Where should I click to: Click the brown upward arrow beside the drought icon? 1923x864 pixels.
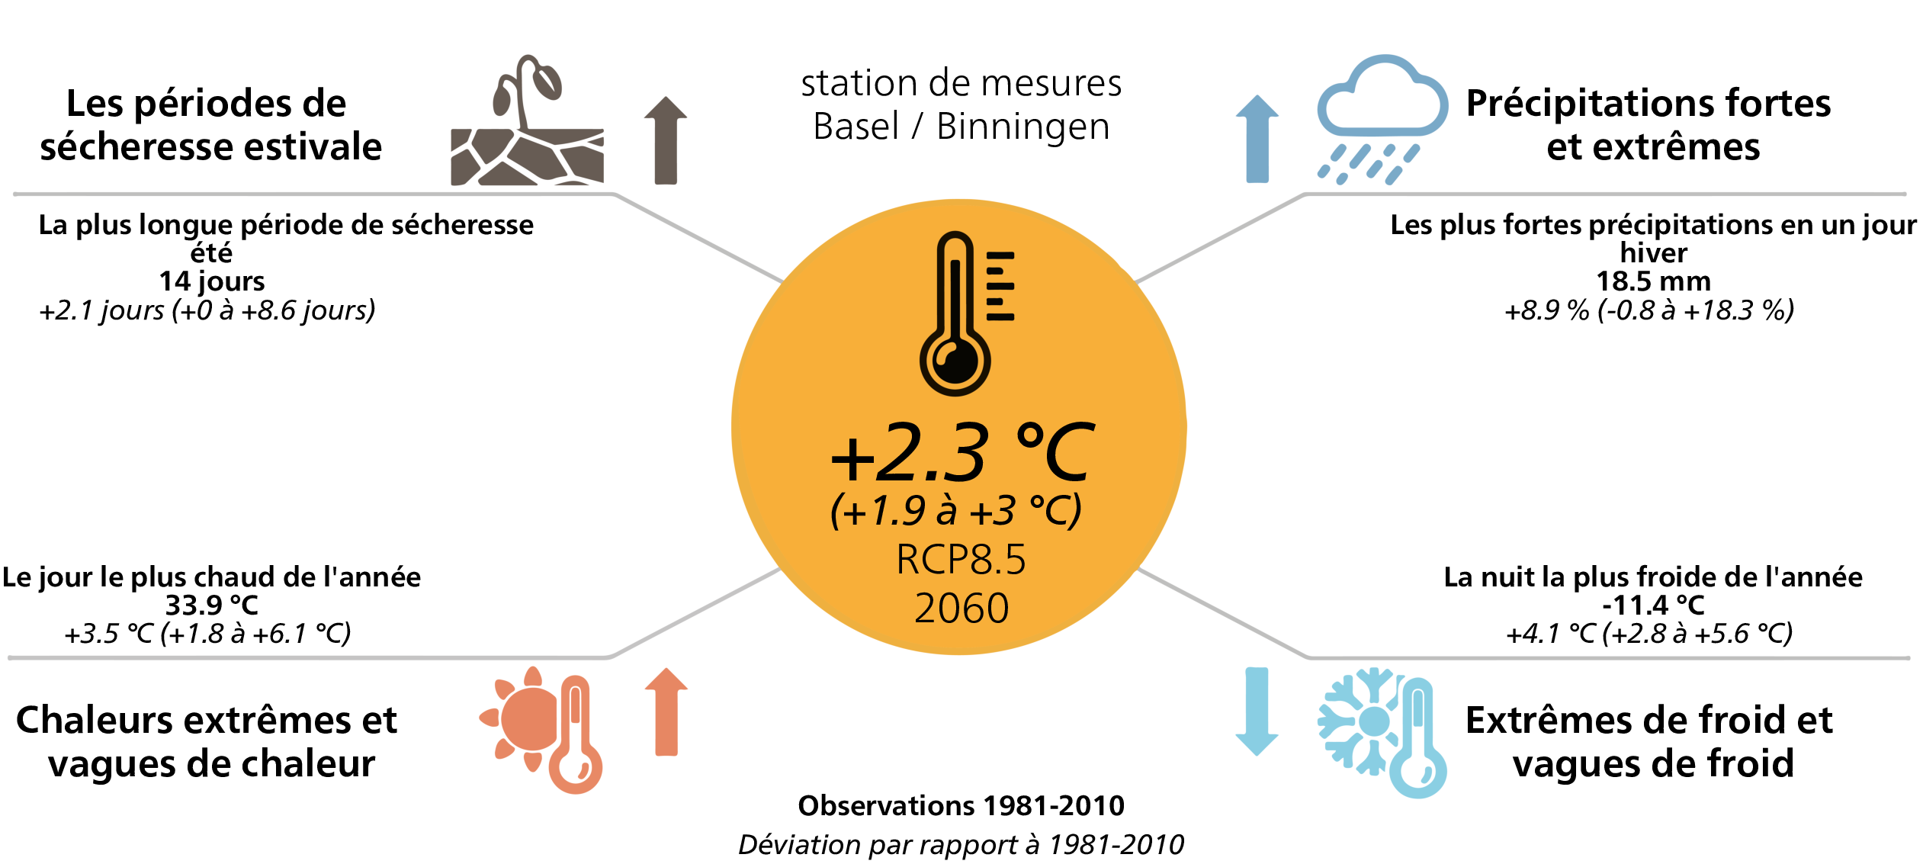point(666,140)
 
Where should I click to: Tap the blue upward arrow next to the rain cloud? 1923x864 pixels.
point(1257,139)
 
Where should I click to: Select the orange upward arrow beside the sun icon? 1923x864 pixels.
point(666,712)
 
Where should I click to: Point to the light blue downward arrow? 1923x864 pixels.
point(1257,711)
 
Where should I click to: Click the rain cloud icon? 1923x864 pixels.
point(1382,119)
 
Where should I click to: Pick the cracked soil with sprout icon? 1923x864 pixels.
point(527,120)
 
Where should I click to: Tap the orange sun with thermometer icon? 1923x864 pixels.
point(541,730)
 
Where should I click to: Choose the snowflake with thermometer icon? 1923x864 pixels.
point(1382,733)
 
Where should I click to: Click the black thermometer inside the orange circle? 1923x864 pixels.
point(965,313)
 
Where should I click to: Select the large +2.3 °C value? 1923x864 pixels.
point(962,453)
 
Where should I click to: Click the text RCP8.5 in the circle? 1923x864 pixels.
point(961,559)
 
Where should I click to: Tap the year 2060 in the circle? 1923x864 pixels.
point(961,608)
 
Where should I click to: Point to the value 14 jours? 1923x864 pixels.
point(212,281)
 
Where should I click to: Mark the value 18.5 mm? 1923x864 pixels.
point(1653,281)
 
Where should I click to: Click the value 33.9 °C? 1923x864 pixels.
point(212,605)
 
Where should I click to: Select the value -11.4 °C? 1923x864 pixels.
point(1653,605)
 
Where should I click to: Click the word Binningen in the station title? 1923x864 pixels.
point(1022,126)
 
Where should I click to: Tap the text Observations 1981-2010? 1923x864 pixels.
point(961,805)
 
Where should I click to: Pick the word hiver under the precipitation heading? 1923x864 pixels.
point(1653,252)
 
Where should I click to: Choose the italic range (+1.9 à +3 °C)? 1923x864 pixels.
point(956,510)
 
